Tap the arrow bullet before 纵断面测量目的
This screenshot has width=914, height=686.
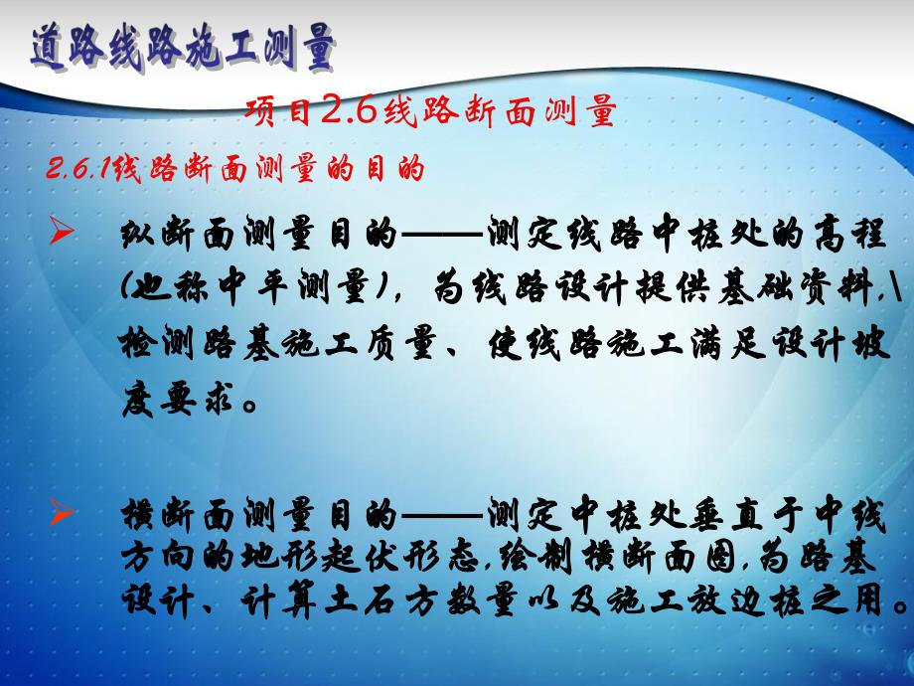click(61, 233)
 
